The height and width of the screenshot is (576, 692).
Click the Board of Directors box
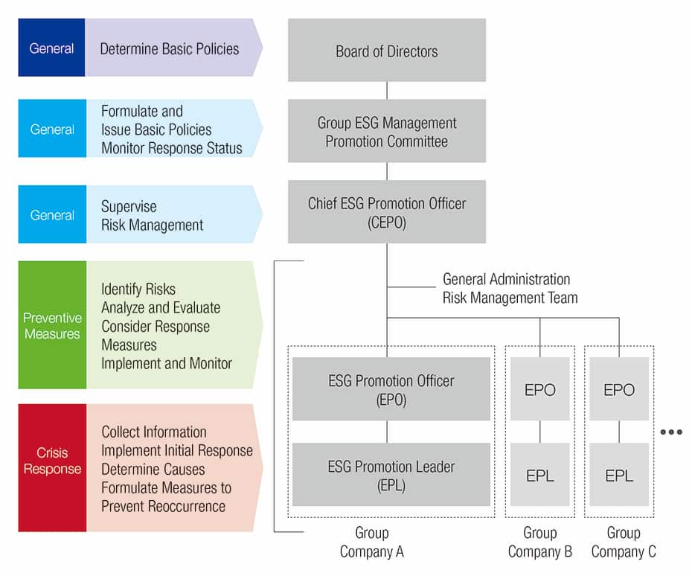click(387, 50)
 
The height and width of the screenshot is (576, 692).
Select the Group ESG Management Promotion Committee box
click(387, 131)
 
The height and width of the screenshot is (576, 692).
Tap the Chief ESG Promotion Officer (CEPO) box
click(387, 211)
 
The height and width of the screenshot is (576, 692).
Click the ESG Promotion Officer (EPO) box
click(391, 389)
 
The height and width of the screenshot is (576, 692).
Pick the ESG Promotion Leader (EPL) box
click(391, 475)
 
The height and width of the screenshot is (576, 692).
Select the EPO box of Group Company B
click(539, 389)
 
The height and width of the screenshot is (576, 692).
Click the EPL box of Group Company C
click(619, 475)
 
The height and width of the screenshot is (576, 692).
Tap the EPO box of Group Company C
click(619, 389)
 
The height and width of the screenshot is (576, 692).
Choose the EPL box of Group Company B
click(539, 475)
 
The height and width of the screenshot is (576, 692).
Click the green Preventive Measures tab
click(52, 325)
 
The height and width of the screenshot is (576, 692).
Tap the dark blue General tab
click(51, 48)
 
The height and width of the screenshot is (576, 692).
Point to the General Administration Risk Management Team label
click(510, 288)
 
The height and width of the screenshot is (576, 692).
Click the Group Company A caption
click(371, 542)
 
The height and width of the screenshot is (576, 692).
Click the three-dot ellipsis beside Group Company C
click(671, 432)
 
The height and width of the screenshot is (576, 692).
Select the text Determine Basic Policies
click(170, 48)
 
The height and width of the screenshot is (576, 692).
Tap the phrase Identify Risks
click(138, 289)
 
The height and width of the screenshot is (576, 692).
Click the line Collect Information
click(154, 432)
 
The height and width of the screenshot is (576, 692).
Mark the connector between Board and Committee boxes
click(387, 91)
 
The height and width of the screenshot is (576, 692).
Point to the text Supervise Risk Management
click(153, 216)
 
